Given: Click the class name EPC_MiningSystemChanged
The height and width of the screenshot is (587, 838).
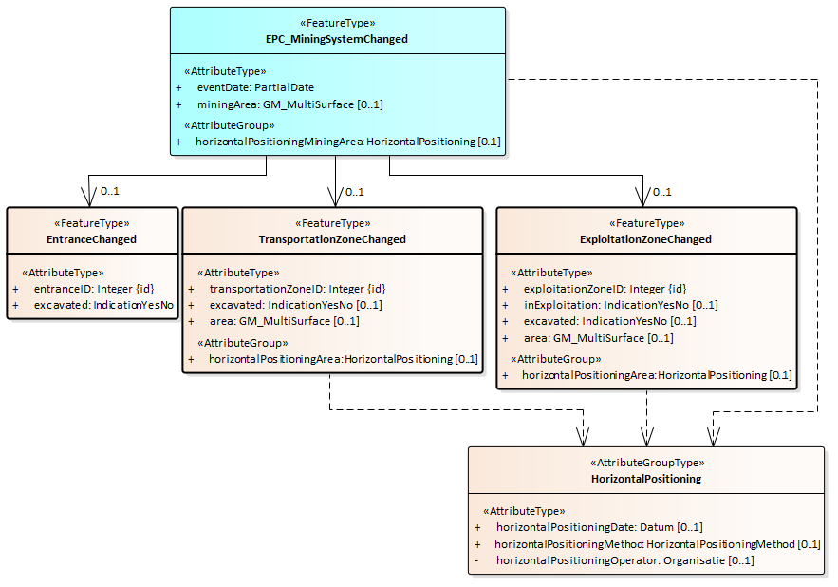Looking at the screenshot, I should point(337,39).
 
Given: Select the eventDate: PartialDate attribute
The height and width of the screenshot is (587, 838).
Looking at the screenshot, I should point(255,87).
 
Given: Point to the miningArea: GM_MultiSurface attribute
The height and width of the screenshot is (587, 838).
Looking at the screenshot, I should point(289,104).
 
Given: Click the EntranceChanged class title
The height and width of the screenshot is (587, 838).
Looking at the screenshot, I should point(91,239).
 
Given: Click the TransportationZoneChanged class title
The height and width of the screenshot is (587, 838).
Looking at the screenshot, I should point(332,239).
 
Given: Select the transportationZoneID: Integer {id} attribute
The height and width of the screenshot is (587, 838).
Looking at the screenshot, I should point(297,289).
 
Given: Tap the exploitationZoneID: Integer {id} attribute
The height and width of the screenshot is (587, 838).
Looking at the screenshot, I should point(605,289).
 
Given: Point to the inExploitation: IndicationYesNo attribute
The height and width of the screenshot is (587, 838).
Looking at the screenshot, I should point(621,305).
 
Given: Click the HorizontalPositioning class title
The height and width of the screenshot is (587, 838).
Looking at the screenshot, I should point(646,479).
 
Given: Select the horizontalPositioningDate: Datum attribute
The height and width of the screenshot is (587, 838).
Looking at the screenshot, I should point(599,527).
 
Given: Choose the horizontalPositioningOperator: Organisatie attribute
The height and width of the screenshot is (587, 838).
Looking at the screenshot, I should point(624,560).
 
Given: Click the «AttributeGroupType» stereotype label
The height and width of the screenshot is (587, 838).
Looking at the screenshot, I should point(646,463).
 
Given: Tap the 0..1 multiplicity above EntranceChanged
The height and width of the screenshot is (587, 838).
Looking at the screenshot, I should point(110,192).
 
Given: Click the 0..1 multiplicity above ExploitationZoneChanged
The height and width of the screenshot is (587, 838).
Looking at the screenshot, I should point(663,192).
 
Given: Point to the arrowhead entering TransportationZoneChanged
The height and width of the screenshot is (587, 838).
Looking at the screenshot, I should point(336,198).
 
